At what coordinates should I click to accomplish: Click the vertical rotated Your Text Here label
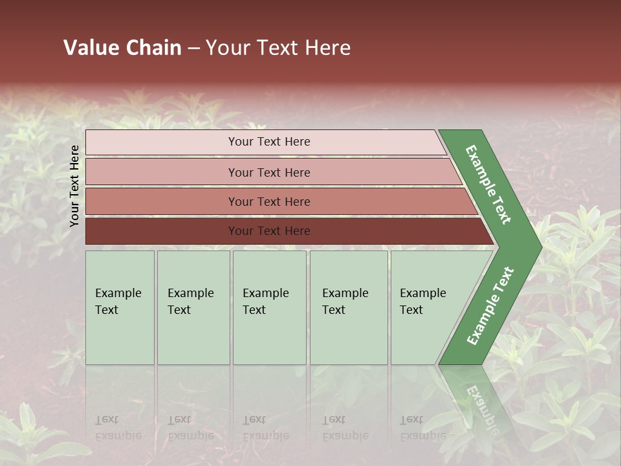pos(74,186)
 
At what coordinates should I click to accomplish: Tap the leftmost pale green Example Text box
pos(120,307)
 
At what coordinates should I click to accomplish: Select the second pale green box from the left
pos(193,307)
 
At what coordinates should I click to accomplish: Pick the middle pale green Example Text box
pos(269,307)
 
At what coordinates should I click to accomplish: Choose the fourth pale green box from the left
pos(348,307)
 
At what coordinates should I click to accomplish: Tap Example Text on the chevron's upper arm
pos(489,184)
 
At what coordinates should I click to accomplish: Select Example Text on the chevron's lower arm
pos(490,306)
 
